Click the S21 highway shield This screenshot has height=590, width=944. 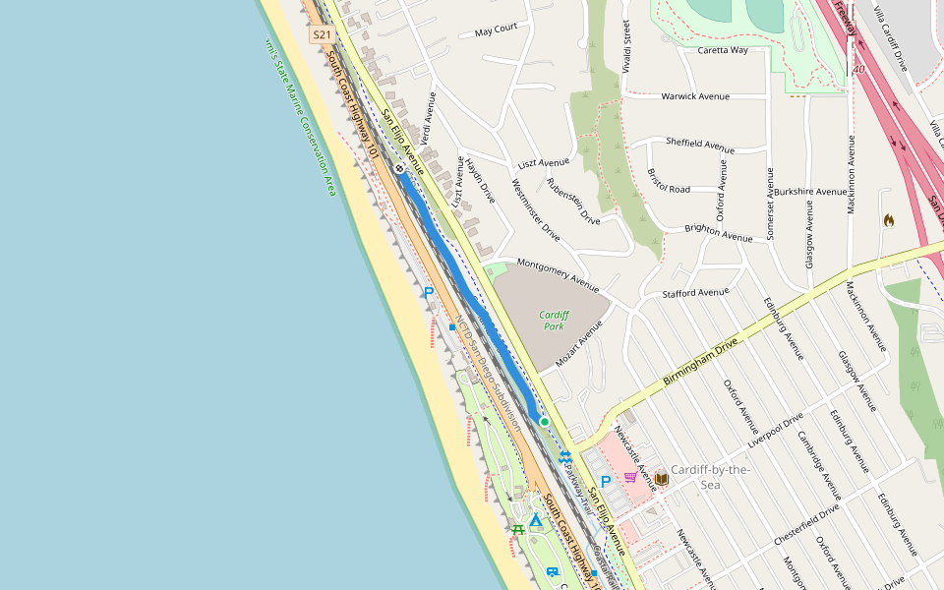322,35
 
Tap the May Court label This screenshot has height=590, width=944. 496,29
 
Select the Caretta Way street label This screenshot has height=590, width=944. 723,50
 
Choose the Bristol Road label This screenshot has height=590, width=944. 669,182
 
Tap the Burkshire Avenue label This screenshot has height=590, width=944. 810,192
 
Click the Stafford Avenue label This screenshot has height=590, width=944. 696,292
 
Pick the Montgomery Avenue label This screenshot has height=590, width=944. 558,275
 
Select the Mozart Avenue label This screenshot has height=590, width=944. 578,344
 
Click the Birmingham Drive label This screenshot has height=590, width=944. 699,364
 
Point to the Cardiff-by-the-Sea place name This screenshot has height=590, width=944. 710,476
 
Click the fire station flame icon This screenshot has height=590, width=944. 889,220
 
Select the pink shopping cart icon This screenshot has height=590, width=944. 630,477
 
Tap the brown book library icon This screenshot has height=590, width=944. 661,479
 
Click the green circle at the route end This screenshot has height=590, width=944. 544,421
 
